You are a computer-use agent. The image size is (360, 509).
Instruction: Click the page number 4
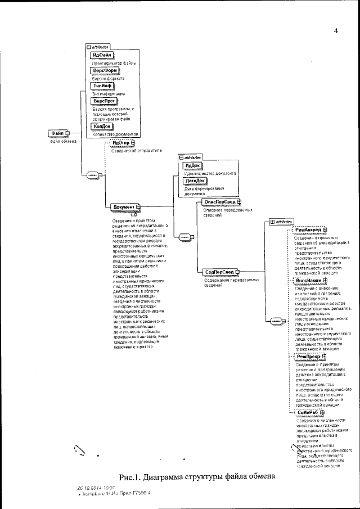click(335, 31)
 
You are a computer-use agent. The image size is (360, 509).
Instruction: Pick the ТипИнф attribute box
click(102, 84)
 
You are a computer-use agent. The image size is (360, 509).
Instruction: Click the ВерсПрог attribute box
click(103, 100)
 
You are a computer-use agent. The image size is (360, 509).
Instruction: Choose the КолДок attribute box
click(101, 127)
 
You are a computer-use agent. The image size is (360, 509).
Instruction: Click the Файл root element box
click(58, 133)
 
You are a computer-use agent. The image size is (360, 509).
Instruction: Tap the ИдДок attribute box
click(193, 165)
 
